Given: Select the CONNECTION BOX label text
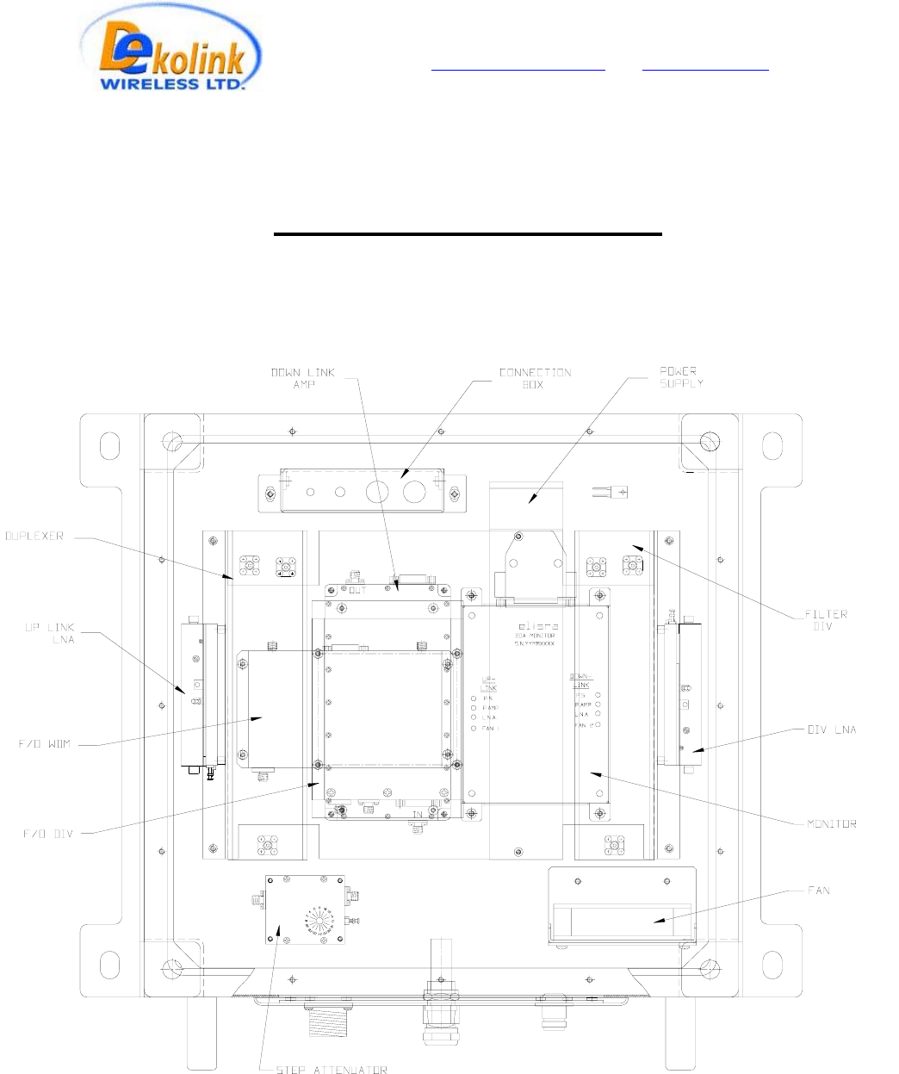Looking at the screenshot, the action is click(535, 378).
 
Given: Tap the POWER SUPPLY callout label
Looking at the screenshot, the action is click(681, 376).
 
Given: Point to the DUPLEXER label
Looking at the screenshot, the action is click(34, 536).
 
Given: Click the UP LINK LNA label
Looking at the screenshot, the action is click(50, 633).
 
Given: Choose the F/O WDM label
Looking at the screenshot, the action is click(46, 743).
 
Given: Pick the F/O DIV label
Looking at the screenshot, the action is click(47, 834).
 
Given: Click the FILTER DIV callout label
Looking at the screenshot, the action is click(825, 620).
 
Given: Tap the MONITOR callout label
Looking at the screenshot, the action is click(831, 824).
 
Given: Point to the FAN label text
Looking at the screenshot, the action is click(819, 890).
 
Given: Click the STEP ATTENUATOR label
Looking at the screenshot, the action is click(332, 1071).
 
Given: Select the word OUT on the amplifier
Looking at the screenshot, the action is click(357, 590).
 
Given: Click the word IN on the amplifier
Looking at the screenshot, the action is click(417, 814).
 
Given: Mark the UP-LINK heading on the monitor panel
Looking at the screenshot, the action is click(488, 683).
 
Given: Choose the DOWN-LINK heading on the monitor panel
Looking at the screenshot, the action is click(581, 681).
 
